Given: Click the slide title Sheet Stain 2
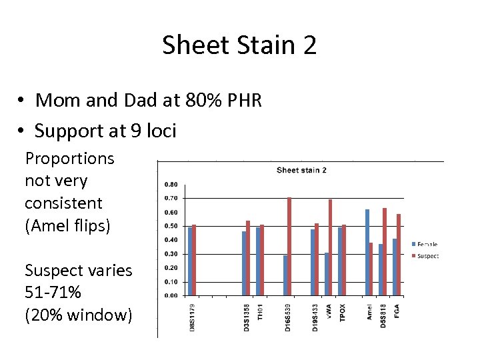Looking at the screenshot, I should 239,45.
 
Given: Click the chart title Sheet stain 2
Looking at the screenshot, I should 301,170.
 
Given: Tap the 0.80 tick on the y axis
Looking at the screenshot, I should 170,185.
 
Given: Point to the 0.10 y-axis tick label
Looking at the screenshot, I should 170,281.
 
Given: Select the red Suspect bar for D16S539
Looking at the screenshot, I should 289,246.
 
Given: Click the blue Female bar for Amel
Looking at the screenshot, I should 367,252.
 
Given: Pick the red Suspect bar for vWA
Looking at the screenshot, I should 331,247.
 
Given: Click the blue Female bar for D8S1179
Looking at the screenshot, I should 190,261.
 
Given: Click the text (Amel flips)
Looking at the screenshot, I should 67,225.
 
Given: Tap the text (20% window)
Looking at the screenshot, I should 79,315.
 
